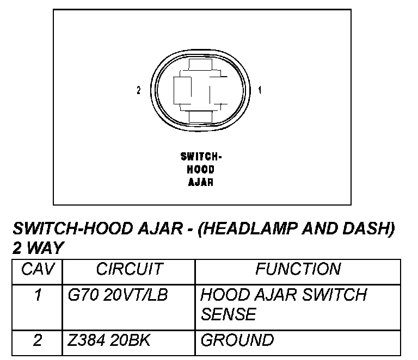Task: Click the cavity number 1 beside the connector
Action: (260, 90)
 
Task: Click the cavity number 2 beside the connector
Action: (139, 90)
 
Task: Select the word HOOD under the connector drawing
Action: (201, 170)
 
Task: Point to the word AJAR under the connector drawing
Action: (201, 182)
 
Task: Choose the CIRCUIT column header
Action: (129, 269)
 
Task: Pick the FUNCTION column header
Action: (298, 269)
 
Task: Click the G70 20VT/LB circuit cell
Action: (118, 295)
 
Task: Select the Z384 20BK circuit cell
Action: (109, 340)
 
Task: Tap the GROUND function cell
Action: (237, 340)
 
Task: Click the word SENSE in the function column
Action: (228, 314)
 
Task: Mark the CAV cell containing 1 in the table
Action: (38, 295)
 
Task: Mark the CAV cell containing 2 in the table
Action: (38, 340)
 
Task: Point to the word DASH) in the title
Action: (367, 228)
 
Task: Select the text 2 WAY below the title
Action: (38, 248)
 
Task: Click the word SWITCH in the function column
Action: (336, 295)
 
